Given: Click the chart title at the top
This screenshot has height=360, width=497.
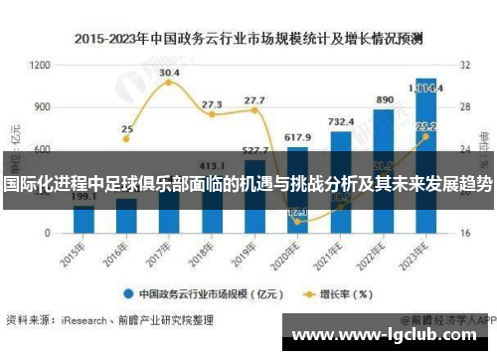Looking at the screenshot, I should pos(248,40).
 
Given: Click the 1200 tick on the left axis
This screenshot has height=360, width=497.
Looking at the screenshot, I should pos(41,65).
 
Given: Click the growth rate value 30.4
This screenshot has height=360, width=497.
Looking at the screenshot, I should pos(169,72).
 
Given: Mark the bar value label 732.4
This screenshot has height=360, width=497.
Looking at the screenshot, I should pos(341,121).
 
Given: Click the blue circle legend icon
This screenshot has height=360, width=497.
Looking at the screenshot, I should pos(128,293).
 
